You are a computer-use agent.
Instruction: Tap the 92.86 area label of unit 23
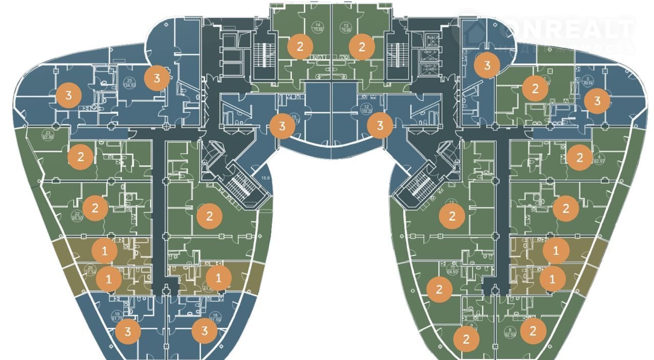[x=49, y=137]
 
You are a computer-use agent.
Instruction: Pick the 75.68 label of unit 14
[x=319, y=30]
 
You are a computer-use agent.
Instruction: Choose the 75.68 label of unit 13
[x=347, y=30]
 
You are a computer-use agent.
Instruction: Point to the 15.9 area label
[x=265, y=178]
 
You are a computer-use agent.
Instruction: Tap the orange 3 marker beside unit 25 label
[x=157, y=78]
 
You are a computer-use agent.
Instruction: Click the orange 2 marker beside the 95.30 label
[x=95, y=208]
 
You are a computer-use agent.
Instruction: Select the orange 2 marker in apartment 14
[x=300, y=47]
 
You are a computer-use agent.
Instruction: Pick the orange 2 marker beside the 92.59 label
[x=533, y=331]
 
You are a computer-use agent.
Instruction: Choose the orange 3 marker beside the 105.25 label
[x=380, y=125]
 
